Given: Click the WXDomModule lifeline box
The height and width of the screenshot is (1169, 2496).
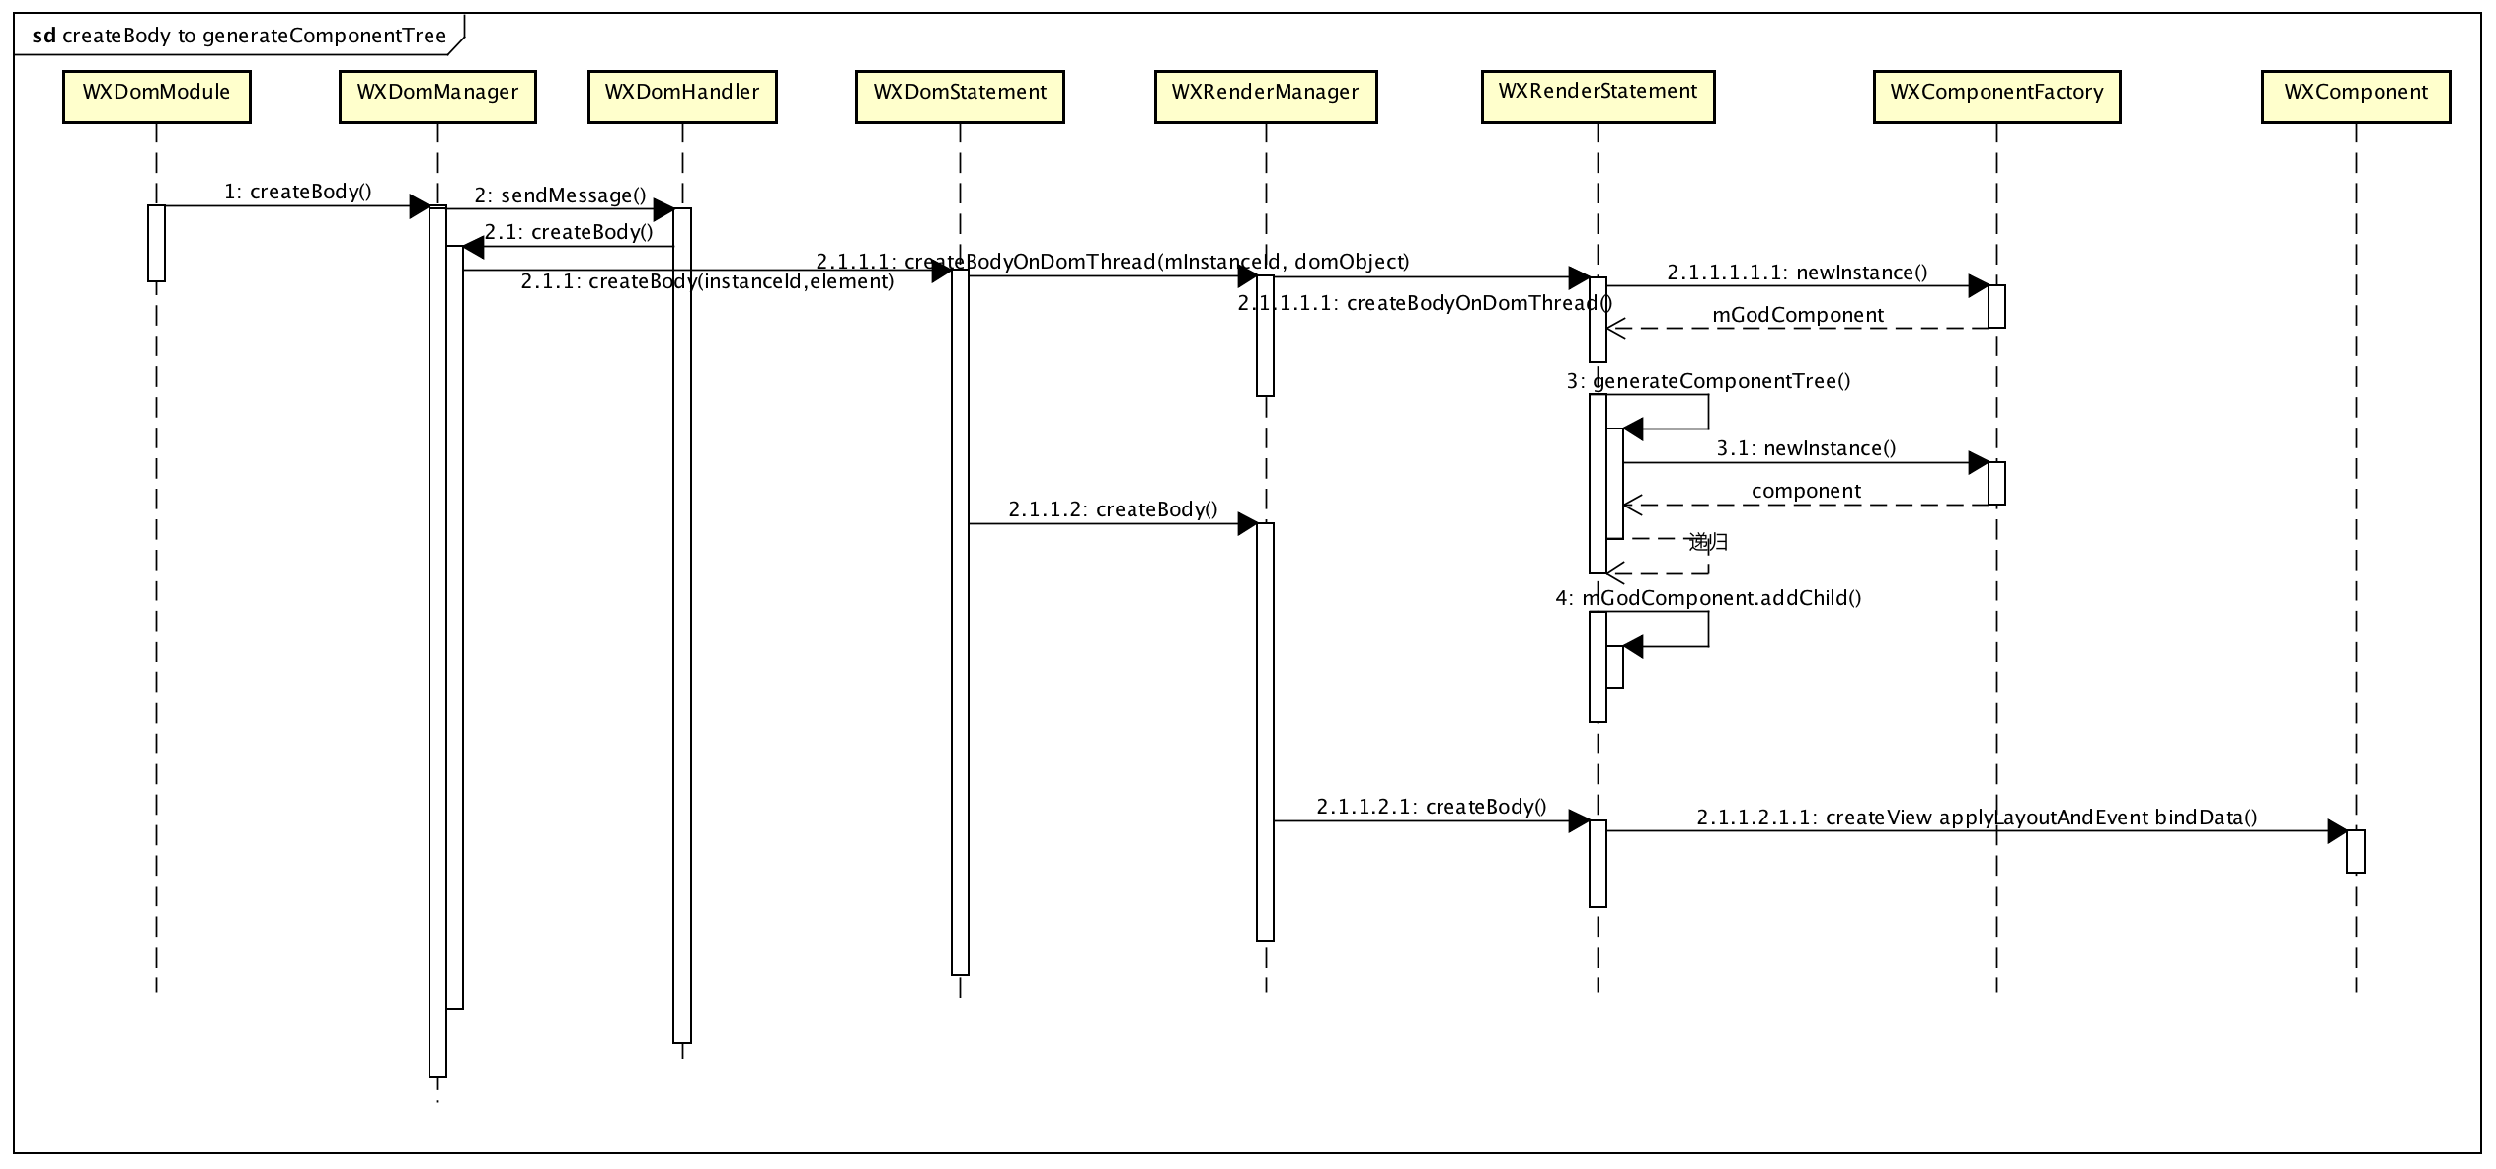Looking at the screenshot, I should point(156,97).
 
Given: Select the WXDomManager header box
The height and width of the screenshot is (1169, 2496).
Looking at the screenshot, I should point(437,97).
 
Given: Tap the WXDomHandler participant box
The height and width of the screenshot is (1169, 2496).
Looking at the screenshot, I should point(682,97).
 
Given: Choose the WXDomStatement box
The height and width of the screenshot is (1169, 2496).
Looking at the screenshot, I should point(960,97).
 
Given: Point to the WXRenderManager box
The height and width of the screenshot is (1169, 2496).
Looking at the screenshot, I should point(1266,97).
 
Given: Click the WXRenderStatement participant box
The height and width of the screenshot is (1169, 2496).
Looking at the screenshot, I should point(1598,97).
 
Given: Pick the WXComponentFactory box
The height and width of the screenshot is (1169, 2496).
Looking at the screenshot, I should point(1996,97).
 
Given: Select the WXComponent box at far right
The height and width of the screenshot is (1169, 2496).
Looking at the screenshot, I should point(2356,97).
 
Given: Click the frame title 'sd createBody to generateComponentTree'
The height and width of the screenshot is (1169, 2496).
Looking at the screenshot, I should point(239,37).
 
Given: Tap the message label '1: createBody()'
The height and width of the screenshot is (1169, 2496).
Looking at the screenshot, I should point(298,192).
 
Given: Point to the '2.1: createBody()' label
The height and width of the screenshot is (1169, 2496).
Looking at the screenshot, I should point(569,232).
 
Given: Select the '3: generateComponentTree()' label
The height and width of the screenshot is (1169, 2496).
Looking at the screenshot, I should point(1708,381).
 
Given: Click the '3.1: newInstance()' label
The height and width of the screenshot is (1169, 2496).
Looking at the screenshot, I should point(1806,448).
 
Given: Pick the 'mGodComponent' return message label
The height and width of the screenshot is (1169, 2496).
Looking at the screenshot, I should point(1798,315).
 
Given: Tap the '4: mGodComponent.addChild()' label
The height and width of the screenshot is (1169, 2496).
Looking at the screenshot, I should point(1708,598).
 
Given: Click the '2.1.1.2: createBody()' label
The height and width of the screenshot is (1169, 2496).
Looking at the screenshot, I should point(1113,509).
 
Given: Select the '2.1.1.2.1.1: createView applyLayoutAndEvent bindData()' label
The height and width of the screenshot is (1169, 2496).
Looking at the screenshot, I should point(1977,818).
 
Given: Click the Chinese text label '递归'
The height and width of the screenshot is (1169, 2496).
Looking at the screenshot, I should point(1708,542).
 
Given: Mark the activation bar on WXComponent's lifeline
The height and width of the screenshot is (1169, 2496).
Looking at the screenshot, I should point(2356,851).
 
